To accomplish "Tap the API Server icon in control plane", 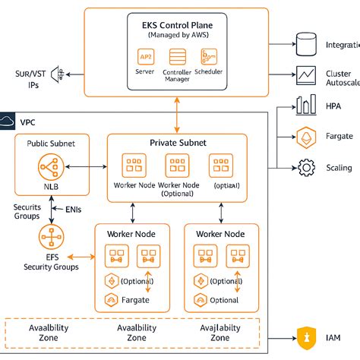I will point(145,56).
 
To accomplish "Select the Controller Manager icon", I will point(177,57).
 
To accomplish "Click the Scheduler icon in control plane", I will point(209,56).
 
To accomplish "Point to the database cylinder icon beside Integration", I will point(307,44).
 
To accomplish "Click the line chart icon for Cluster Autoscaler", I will point(307,74).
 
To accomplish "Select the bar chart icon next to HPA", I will point(307,106).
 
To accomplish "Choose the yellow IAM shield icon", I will point(307,336).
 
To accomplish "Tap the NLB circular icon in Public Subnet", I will point(52,166).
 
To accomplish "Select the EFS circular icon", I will point(52,237).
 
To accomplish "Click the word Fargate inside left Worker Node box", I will point(134,300).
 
